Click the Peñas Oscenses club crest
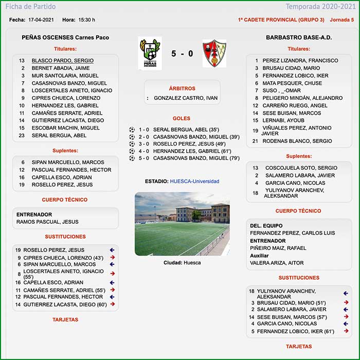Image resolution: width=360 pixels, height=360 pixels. coord(150,53)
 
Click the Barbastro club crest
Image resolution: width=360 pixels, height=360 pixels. coord(214,53)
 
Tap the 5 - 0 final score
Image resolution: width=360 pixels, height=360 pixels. coord(182,53)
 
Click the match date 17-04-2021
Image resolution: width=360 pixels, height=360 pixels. coord(42,20)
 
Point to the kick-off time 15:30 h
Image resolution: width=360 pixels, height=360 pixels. coord(86,20)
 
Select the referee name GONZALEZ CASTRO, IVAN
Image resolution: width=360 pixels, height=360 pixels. coord(186,98)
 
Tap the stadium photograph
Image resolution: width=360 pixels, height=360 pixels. coord(182,224)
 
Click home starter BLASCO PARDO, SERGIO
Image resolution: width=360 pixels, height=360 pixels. coord(62,61)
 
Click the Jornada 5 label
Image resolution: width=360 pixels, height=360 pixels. coord(341,20)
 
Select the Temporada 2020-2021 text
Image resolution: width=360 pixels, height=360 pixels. coord(327,7)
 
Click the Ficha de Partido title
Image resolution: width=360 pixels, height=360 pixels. coord(30,7)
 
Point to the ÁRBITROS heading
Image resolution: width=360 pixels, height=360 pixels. coord(182,88)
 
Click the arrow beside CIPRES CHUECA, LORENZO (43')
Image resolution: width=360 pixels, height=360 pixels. coord(112,258)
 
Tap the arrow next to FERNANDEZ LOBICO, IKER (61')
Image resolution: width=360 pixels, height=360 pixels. coord(346,331)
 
